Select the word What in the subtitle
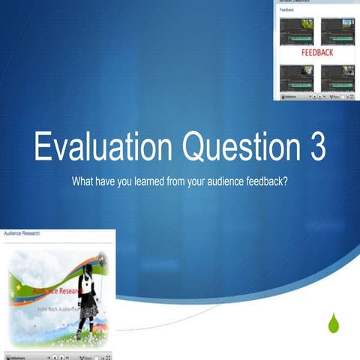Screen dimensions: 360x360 tap(84, 181)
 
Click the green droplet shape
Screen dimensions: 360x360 tap(334, 324)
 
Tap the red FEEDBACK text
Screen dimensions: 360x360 tap(317, 54)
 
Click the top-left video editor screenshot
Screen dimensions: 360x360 tap(296, 31)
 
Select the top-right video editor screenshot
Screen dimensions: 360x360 tap(337, 31)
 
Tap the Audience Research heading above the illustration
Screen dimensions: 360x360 tap(22, 234)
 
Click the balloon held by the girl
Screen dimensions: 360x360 tap(102, 259)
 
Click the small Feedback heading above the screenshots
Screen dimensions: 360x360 tap(287, 10)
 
